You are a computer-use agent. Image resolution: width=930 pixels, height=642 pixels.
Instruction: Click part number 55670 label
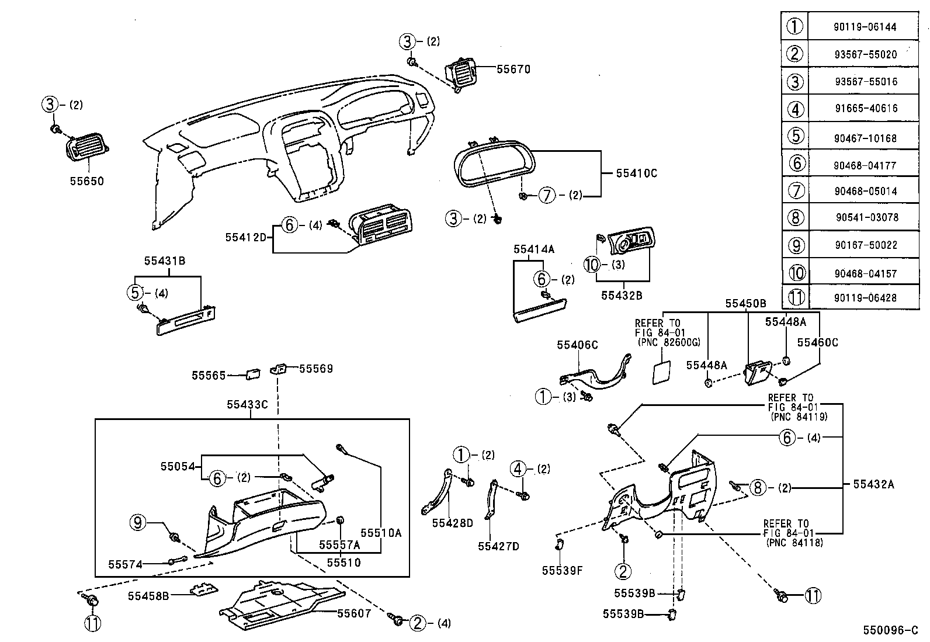coord(513,70)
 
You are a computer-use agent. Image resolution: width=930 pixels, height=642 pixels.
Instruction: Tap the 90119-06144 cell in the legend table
coord(865,27)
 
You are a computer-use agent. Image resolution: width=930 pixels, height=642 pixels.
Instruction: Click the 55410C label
coord(636,173)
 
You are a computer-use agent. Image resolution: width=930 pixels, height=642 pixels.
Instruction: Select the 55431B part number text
coord(165,261)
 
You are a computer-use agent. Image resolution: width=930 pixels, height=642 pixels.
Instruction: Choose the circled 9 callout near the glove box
coord(137,523)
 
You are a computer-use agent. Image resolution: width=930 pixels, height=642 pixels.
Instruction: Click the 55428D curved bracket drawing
coord(436,492)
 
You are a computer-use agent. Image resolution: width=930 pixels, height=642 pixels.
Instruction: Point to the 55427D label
coord(498,546)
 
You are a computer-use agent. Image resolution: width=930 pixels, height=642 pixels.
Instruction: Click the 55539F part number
coord(561,571)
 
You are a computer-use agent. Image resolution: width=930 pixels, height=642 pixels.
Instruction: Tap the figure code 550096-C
coord(891,631)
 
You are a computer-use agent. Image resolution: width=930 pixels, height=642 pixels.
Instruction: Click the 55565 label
coord(209,376)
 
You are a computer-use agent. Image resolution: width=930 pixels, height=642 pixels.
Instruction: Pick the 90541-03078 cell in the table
coord(866,217)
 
